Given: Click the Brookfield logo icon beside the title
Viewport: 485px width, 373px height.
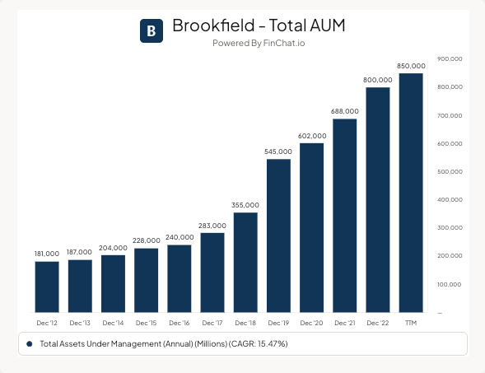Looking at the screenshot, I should tap(152, 30).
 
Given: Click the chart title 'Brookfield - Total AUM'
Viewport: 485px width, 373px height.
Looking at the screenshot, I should tap(258, 26).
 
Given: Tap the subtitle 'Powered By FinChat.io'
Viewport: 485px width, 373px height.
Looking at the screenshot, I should tap(258, 44).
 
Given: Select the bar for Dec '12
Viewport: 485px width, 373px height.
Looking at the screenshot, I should tap(47, 287).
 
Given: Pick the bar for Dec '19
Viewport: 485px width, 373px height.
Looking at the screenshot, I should tap(278, 235).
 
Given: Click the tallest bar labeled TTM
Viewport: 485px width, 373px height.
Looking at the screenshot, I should tap(411, 193).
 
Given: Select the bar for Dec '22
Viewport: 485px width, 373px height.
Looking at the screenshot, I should tap(378, 199).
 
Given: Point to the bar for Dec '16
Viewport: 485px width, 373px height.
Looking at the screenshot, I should tap(180, 278).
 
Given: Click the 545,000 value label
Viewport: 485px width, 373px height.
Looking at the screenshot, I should tap(278, 152).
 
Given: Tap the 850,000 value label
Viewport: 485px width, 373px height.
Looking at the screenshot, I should tap(411, 66).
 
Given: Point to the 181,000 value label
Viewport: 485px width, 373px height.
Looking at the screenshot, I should tap(47, 254).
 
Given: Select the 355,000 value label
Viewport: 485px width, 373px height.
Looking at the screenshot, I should tap(245, 205).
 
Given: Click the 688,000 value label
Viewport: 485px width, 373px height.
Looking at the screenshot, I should tap(345, 111).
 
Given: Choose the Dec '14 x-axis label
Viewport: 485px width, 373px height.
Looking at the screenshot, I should tap(113, 324).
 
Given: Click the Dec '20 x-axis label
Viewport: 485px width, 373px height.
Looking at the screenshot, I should tap(312, 324).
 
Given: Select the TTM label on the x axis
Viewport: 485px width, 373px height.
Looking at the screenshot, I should tap(411, 324).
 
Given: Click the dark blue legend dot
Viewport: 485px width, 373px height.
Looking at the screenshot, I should tap(29, 343).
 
